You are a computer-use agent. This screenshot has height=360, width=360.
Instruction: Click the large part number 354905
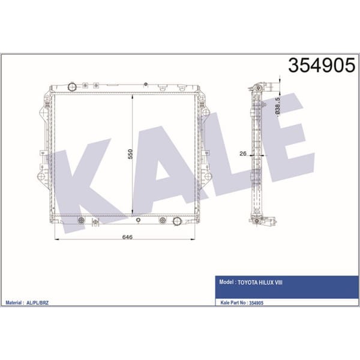tap(322, 65)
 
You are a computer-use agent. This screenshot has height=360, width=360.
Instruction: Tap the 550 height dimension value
tap(130, 154)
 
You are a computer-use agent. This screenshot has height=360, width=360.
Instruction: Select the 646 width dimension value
tap(127, 237)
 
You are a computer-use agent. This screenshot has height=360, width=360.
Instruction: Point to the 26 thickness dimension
tap(242, 154)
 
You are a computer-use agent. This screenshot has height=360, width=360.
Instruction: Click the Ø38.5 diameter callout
tap(277, 107)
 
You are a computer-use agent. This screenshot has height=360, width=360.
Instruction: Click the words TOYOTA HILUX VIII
tap(260, 283)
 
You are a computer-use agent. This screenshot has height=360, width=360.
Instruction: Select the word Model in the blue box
tap(226, 282)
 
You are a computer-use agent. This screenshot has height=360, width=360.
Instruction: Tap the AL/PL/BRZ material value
tap(37, 302)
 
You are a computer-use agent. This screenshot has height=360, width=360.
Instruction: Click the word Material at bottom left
tap(13, 302)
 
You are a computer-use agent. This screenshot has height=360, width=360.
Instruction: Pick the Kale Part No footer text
tap(242, 302)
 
